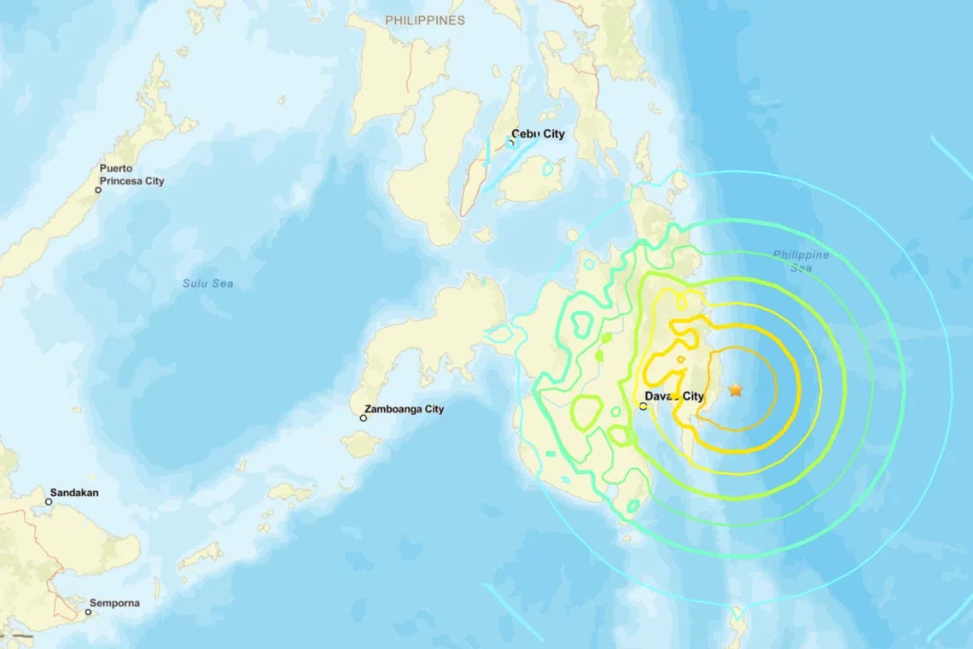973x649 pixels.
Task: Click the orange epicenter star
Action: (735, 390)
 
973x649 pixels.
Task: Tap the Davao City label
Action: (674, 396)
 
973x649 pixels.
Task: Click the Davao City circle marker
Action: (644, 406)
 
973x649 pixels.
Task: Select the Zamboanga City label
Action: (404, 409)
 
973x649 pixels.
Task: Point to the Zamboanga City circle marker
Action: (364, 418)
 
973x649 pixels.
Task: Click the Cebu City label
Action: (538, 134)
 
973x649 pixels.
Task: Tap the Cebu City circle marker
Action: (512, 143)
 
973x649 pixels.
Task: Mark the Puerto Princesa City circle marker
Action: (98, 190)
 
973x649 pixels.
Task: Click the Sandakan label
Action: (74, 493)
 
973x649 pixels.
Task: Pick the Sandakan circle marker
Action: (49, 502)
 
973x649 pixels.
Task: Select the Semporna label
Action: (114, 603)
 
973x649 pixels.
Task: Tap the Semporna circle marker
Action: (88, 612)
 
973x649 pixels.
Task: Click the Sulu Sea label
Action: (207, 284)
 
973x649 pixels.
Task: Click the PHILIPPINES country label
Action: (424, 20)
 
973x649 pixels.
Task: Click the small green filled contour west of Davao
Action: (606, 338)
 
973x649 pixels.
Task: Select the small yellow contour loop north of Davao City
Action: (680, 360)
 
